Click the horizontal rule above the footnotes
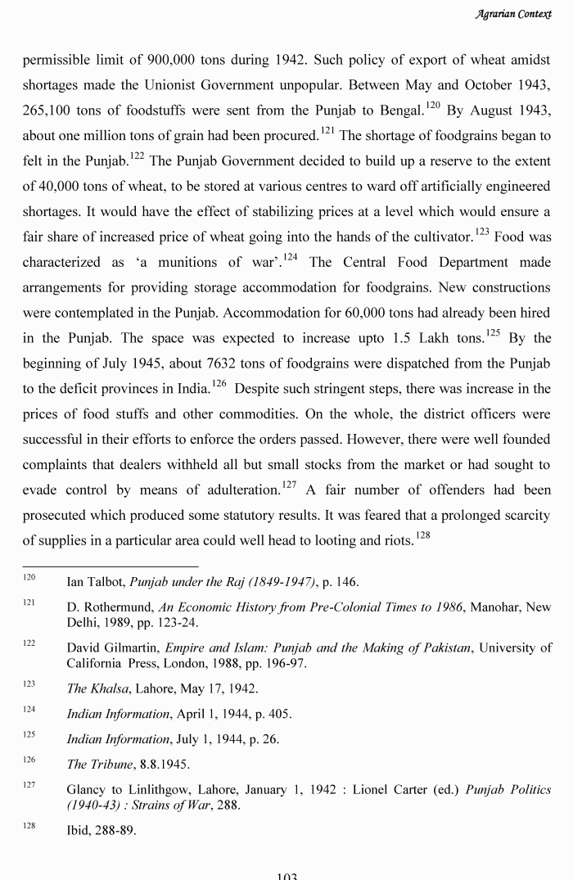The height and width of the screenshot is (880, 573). point(110,566)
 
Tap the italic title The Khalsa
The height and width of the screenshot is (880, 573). point(100,688)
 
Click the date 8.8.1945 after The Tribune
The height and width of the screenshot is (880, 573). point(162,765)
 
